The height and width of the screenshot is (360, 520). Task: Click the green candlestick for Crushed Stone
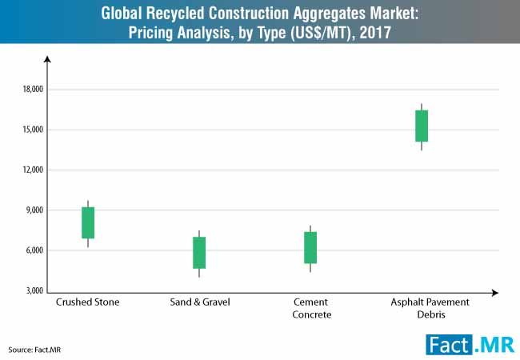pyautogui.click(x=88, y=222)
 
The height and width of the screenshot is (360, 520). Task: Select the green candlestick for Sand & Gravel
pyautogui.click(x=199, y=252)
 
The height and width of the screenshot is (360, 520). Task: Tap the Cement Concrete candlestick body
pyautogui.click(x=310, y=247)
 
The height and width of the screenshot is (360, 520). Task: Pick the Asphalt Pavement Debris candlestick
pyautogui.click(x=422, y=126)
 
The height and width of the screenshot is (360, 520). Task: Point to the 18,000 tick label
pyautogui.click(x=33, y=90)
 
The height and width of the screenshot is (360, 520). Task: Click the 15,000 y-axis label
pyautogui.click(x=33, y=130)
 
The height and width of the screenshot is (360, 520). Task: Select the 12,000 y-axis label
pyautogui.click(x=33, y=170)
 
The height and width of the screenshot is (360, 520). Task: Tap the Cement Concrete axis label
pyautogui.click(x=310, y=309)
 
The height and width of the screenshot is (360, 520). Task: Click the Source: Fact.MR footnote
pyautogui.click(x=34, y=350)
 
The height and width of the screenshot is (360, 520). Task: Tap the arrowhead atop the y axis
pyautogui.click(x=47, y=60)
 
